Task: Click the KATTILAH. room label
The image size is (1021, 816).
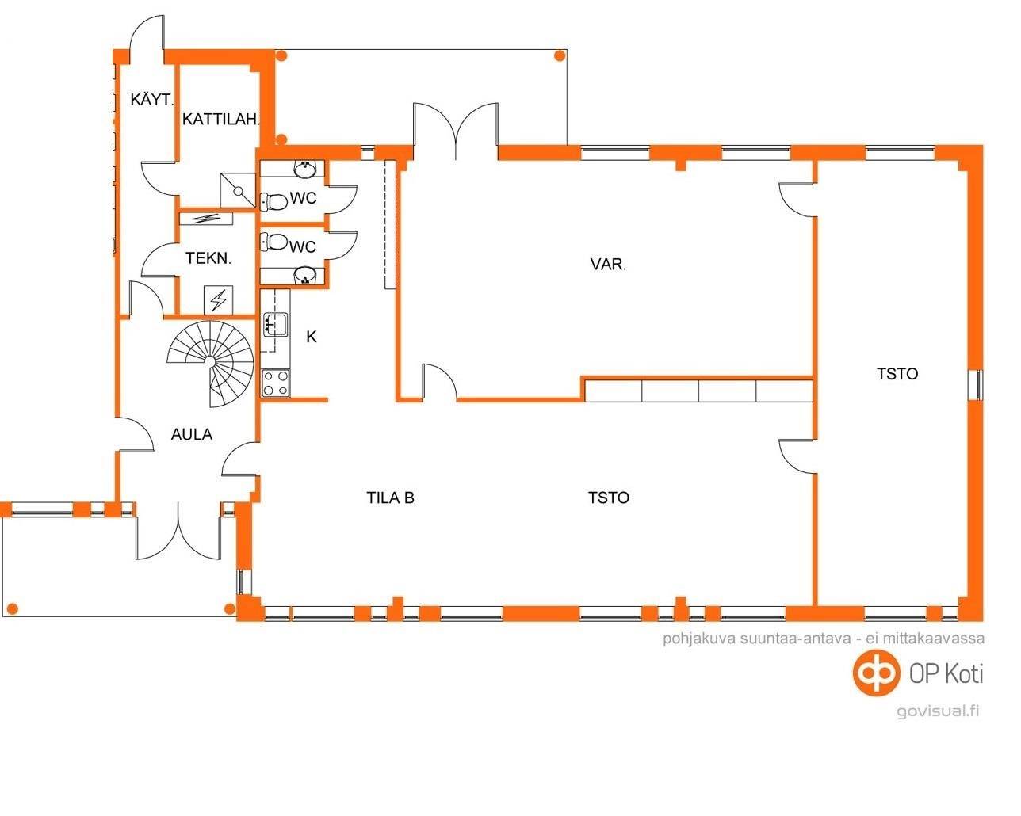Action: point(221,119)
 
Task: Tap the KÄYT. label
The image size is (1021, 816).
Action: point(152,100)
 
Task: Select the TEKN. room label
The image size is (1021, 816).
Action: point(208,258)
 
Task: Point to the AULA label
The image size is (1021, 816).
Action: point(192,434)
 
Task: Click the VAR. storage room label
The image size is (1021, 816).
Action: point(608,264)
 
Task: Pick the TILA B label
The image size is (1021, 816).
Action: point(390,498)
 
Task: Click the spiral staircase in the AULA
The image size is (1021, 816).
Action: point(211,364)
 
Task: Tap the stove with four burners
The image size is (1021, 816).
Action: point(276,383)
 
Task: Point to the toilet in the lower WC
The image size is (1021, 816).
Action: point(274,242)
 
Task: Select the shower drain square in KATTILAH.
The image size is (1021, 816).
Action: point(238,191)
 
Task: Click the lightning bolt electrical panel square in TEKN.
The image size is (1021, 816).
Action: point(218,299)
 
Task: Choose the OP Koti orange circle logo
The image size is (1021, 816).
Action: point(876,673)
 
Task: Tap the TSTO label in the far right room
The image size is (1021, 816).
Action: point(897,374)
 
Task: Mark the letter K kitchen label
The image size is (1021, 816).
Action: point(312,337)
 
